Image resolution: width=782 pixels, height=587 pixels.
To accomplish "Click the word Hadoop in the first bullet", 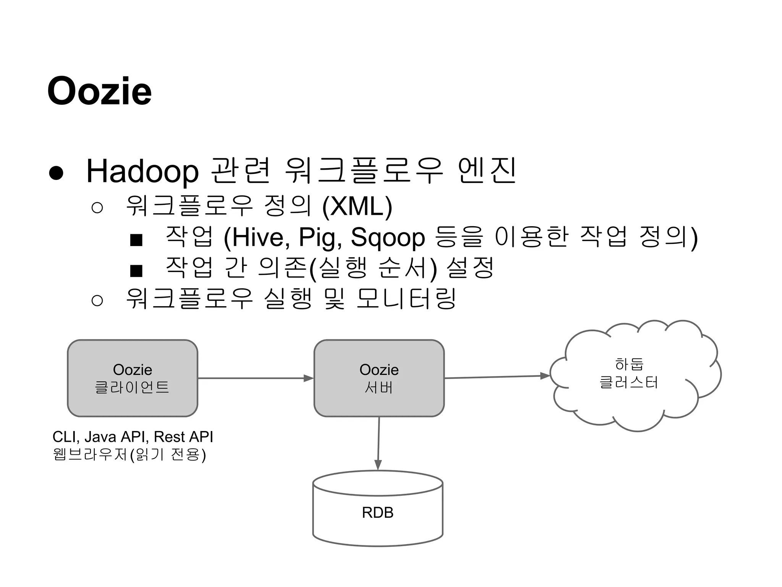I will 142,171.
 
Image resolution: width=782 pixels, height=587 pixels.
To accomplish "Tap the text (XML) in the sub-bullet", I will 357,206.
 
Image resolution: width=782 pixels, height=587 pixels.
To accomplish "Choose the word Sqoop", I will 388,238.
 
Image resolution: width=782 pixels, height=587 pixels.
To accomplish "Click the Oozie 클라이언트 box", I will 132,378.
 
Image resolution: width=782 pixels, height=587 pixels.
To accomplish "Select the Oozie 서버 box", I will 379,378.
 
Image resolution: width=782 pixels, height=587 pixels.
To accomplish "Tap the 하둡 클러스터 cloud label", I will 629,373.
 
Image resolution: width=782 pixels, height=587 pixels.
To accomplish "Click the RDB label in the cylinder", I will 378,512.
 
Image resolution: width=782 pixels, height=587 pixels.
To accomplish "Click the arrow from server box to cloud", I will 496,377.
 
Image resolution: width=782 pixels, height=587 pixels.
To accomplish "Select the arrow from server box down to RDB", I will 378,443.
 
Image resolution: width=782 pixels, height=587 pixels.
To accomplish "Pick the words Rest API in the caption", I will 184,437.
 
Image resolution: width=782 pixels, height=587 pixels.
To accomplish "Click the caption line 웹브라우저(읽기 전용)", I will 129,455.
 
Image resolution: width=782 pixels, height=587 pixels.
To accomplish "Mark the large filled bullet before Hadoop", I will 56,173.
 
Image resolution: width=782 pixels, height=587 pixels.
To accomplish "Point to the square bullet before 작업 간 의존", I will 136,271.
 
